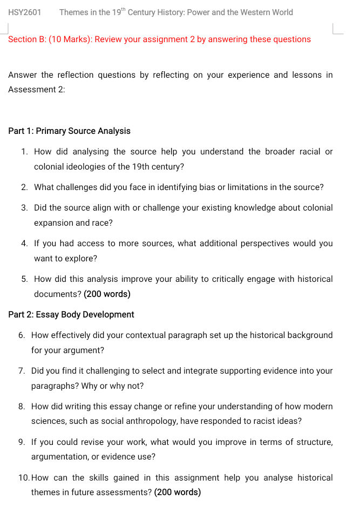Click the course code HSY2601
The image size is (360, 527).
click(x=24, y=12)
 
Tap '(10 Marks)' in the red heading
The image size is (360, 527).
click(x=69, y=39)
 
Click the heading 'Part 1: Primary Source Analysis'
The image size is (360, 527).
click(x=69, y=131)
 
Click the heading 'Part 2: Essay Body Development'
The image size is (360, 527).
click(x=71, y=315)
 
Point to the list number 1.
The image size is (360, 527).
click(x=24, y=152)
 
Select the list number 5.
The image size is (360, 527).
click(x=24, y=279)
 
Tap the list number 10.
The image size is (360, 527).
click(x=23, y=478)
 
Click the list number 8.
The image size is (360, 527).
click(x=22, y=407)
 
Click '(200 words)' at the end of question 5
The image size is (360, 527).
click(x=107, y=294)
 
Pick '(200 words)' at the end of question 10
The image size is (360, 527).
click(x=178, y=492)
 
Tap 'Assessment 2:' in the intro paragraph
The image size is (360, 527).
click(x=37, y=90)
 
